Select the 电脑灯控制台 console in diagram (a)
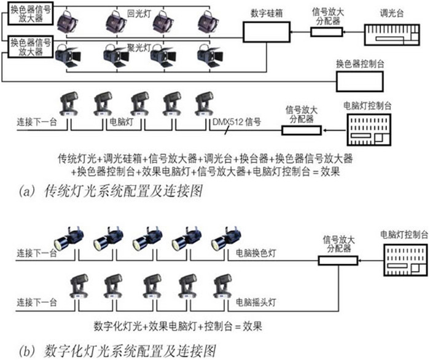[x=368, y=128]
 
